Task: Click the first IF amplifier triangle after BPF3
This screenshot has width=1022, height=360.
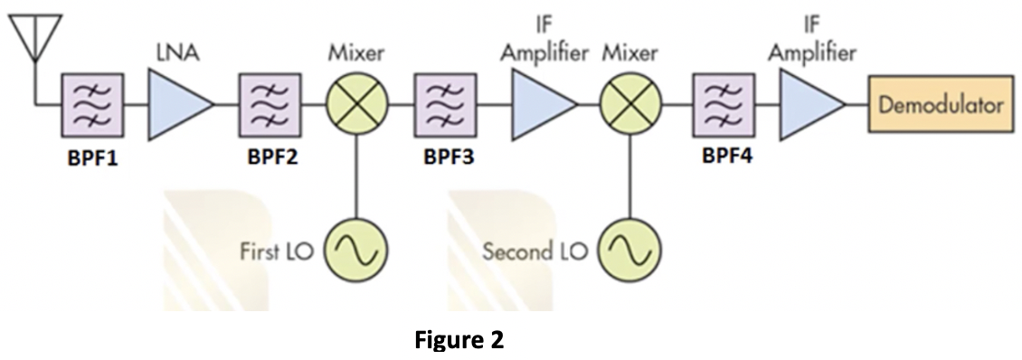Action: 540,105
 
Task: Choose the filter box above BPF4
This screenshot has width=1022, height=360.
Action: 723,105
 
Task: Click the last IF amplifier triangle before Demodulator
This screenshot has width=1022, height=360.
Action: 808,105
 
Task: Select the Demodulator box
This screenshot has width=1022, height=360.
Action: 941,105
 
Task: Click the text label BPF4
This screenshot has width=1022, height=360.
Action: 726,155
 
